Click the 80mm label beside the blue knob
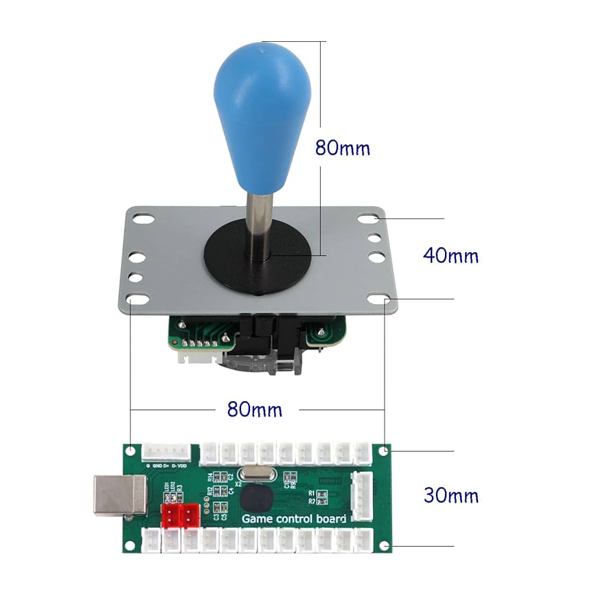342,147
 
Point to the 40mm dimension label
450,255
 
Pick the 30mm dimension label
451,495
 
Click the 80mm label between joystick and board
254,409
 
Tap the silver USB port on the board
119,494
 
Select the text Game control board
293,519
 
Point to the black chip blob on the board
254,498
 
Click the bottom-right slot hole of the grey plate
377,300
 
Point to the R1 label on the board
311,493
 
